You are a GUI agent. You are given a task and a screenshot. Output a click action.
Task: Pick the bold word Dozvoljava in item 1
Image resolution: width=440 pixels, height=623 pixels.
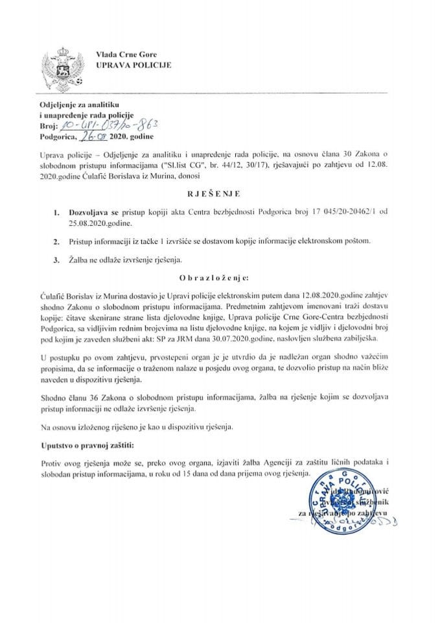tap(97, 212)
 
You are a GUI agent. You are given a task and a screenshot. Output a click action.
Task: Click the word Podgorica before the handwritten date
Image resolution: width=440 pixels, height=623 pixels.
tap(56, 138)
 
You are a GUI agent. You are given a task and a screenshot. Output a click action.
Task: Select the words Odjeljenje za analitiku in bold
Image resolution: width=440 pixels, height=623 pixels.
tap(76, 105)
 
